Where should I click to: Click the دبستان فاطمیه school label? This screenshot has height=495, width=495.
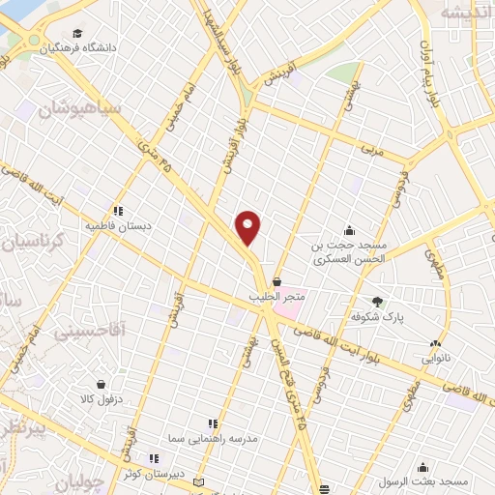tap(119, 226)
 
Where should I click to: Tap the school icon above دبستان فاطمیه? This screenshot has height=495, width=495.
tap(118, 211)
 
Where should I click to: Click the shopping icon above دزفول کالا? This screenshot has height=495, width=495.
tap(101, 382)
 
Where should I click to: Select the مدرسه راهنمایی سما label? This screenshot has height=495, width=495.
tap(213, 438)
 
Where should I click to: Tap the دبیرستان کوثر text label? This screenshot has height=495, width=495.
tap(153, 472)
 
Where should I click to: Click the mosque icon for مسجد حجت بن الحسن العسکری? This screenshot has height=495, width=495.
tap(349, 230)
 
